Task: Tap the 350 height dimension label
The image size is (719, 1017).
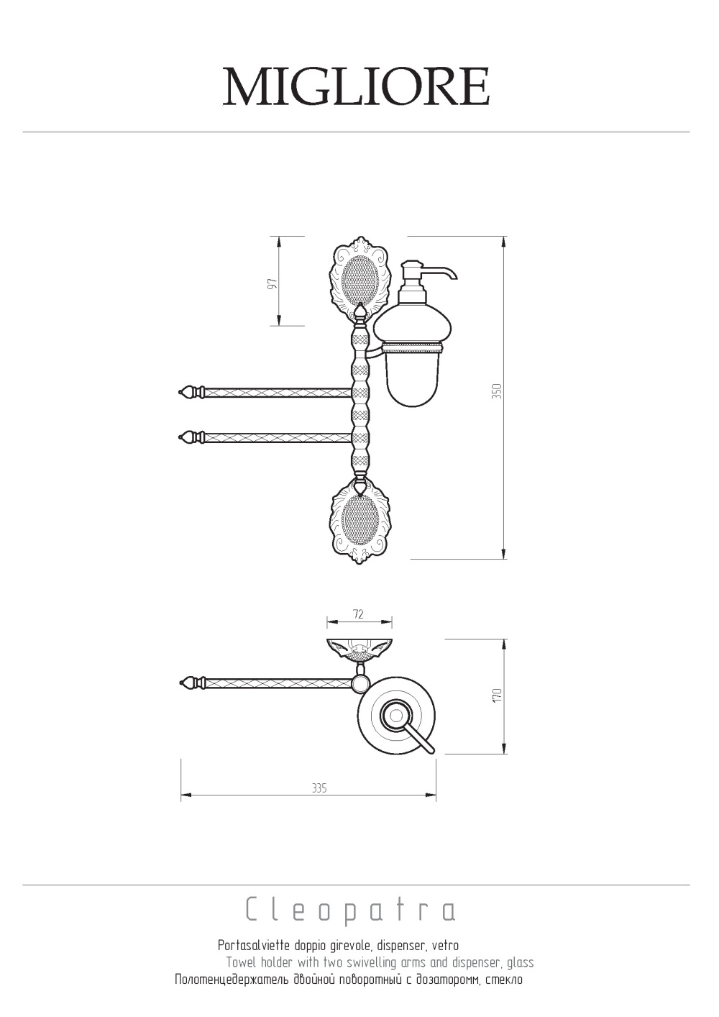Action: [x=498, y=391]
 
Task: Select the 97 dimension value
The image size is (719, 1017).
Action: [x=273, y=284]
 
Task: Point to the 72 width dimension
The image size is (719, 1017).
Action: [x=358, y=614]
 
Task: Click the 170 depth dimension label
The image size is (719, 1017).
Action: [x=498, y=696]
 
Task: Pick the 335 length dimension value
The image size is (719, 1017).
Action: [x=319, y=788]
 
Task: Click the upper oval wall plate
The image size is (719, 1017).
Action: [x=359, y=277]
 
